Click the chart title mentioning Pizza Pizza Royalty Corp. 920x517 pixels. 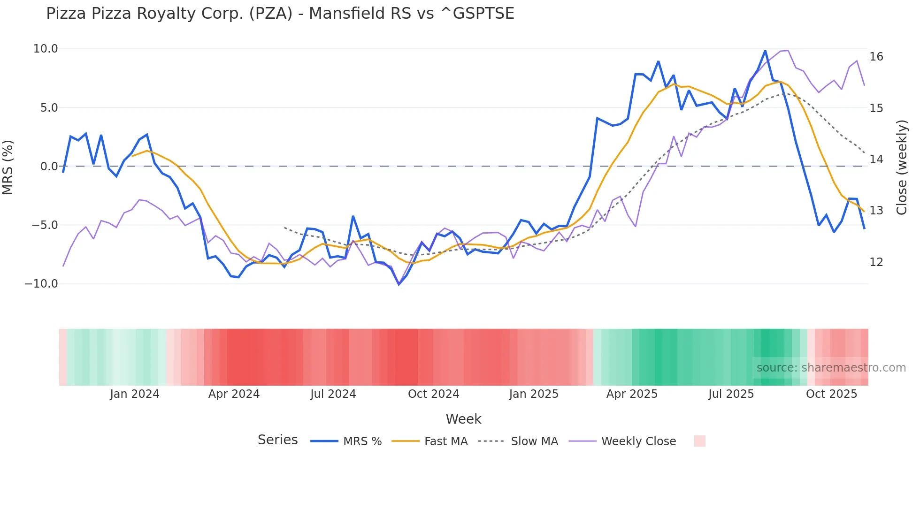pos(280,14)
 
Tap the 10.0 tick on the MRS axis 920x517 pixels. pos(46,49)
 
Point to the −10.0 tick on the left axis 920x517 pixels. pos(41,284)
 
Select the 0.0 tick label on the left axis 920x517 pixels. pos(49,167)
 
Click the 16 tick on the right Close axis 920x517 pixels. pos(876,57)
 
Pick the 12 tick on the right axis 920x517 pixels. pos(876,262)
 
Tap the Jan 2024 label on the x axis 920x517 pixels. pos(135,394)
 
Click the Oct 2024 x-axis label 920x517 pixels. pos(433,394)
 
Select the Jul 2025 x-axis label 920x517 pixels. pos(731,394)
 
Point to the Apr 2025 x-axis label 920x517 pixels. pos(632,394)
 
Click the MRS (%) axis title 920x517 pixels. pos(8,167)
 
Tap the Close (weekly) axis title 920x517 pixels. pos(902,167)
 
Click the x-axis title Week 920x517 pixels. pos(463,419)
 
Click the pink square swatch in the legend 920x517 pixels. pos(699,441)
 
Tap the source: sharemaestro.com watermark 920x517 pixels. pos(831,368)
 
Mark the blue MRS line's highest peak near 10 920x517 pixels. pos(765,51)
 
